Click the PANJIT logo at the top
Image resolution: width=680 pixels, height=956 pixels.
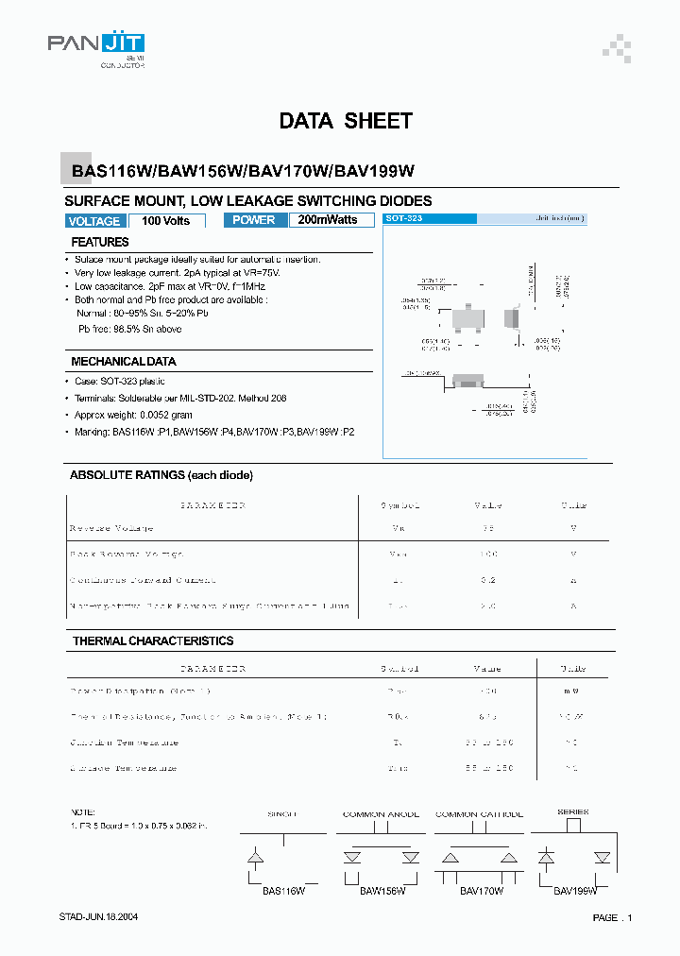pos(96,44)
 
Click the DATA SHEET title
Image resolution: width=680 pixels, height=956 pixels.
pos(346,121)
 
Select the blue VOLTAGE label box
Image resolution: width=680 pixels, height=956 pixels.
pos(94,221)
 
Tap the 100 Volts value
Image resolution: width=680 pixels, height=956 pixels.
pos(165,221)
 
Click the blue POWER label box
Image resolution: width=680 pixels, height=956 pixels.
pos(253,220)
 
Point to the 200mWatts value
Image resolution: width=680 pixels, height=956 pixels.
pos(328,220)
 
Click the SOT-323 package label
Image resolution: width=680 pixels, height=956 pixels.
pos(404,218)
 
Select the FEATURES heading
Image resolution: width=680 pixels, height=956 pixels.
pos(100,243)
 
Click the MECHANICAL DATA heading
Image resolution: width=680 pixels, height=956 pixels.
pos(124,362)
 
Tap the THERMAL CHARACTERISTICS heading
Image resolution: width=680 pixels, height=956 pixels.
pos(153,641)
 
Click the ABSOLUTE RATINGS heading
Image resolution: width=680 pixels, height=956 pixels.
pos(161,475)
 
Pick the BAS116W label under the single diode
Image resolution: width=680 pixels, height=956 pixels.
pos(282,891)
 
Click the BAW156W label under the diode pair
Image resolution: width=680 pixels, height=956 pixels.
pos(382,891)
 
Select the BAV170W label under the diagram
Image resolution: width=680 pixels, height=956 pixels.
pos(482,891)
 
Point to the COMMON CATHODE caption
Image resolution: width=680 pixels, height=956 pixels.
pos(479,813)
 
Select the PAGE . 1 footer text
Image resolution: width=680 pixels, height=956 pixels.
pos(612,918)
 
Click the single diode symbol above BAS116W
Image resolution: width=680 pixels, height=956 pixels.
pos(255,858)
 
